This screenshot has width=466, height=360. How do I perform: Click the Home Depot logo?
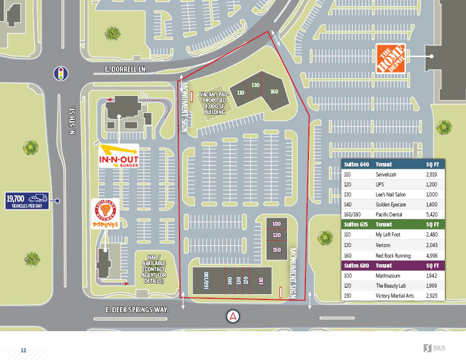click(x=391, y=58)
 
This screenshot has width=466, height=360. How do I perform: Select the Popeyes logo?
click(x=106, y=215)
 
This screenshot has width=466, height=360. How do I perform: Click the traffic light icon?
click(x=59, y=74)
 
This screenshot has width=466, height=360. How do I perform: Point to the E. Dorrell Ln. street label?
click(x=121, y=69)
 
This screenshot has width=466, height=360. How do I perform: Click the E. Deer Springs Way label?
click(x=137, y=309)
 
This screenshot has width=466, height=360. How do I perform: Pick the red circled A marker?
click(x=234, y=316)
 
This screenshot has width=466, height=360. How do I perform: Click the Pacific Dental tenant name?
click(x=388, y=215)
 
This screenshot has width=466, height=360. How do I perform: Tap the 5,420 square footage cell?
click(x=431, y=215)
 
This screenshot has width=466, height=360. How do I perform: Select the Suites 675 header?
click(x=353, y=224)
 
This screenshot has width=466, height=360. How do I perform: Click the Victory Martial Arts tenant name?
click(x=394, y=295)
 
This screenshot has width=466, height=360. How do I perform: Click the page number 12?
click(x=24, y=351)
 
